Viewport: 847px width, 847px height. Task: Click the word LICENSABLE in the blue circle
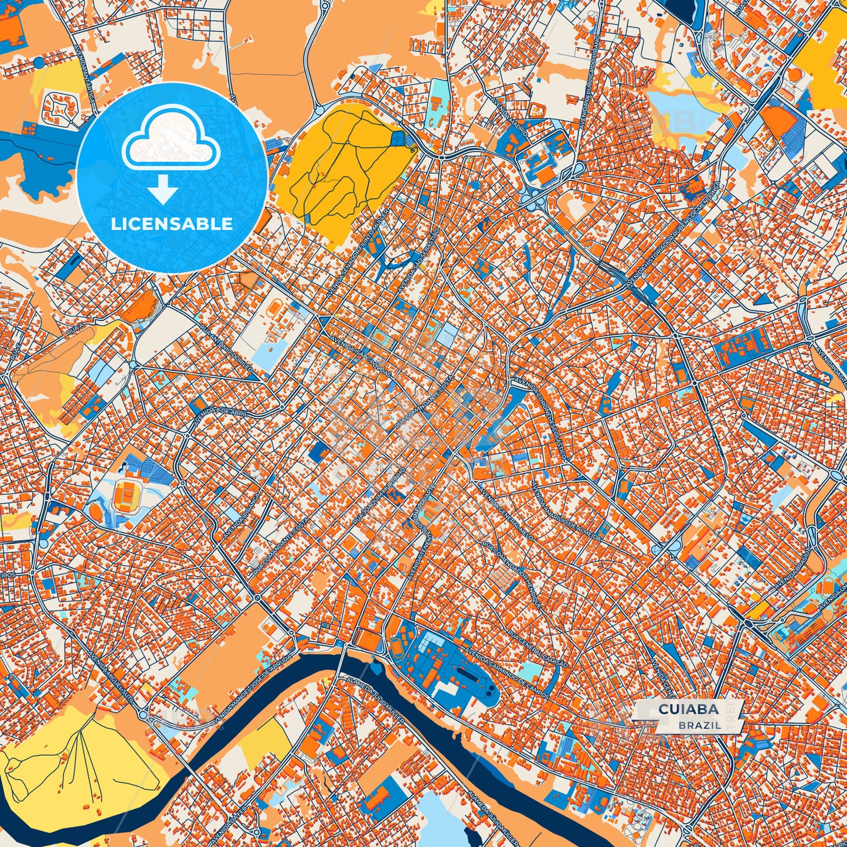coord(172,224)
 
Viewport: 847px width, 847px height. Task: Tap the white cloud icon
coord(171,144)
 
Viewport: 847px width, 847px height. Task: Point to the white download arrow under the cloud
coord(164,189)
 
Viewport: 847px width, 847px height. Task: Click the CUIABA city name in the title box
coord(688,709)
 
